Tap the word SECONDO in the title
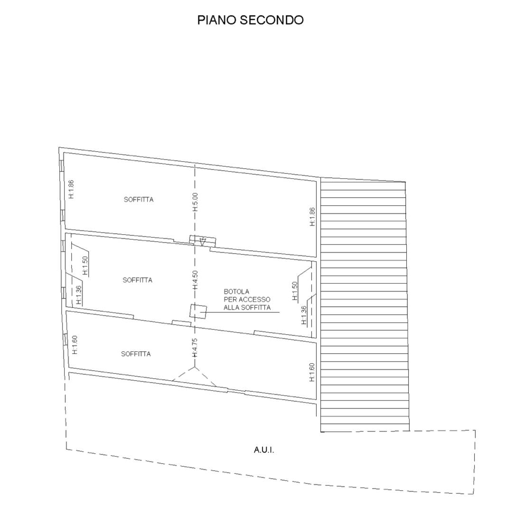pos(272,20)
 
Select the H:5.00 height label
pos(195,202)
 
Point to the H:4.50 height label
pos(195,280)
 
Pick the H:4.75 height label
pos(195,348)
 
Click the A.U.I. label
pos(264,450)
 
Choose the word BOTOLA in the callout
pos(236,292)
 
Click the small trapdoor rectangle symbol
pos(198,311)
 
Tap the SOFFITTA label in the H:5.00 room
pos(139,200)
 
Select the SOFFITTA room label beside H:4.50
pos(137,280)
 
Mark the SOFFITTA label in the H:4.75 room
pos(136,354)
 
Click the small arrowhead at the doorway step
pos(203,242)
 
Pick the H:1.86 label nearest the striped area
pos(312,217)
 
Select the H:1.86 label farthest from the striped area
pos(71,189)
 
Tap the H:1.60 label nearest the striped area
pos(312,373)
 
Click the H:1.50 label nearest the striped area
pos(295,291)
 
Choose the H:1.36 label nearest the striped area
pos(304,315)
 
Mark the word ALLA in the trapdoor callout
pos(231,308)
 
